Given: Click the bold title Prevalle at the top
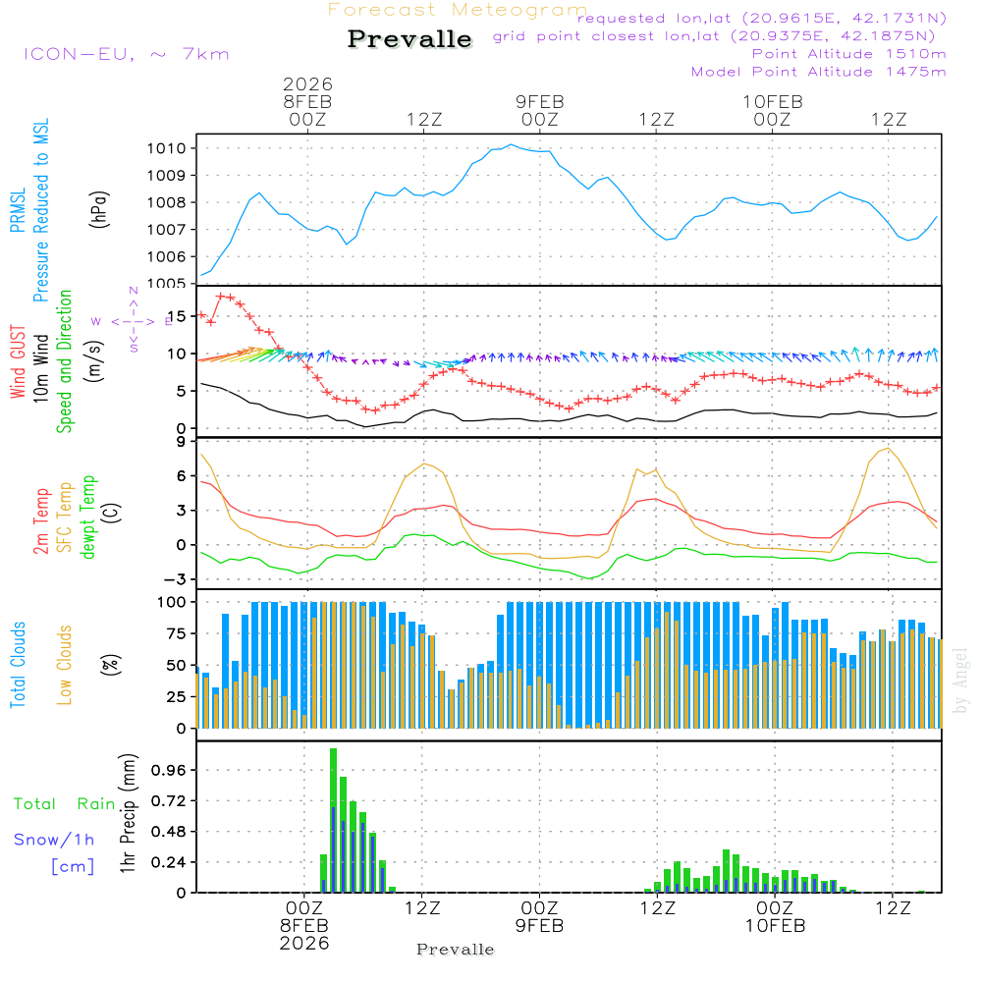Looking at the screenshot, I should [x=409, y=40].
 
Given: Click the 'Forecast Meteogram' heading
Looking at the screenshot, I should [x=458, y=10].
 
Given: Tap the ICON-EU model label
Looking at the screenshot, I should [x=126, y=53].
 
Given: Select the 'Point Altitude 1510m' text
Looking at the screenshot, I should [x=848, y=53].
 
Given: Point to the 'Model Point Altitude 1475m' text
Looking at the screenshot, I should [x=818, y=71].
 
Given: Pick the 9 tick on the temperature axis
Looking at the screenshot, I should [x=182, y=442].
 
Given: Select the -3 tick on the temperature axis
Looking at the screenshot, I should [x=178, y=578].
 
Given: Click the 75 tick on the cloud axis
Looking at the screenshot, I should [x=177, y=633].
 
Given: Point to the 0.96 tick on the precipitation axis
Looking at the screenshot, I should [x=171, y=770].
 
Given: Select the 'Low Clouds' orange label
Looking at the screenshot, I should [x=65, y=662].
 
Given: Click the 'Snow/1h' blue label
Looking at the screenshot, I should [x=54, y=840].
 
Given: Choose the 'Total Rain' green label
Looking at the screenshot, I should [x=64, y=803].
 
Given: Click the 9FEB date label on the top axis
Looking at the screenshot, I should [x=540, y=101].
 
